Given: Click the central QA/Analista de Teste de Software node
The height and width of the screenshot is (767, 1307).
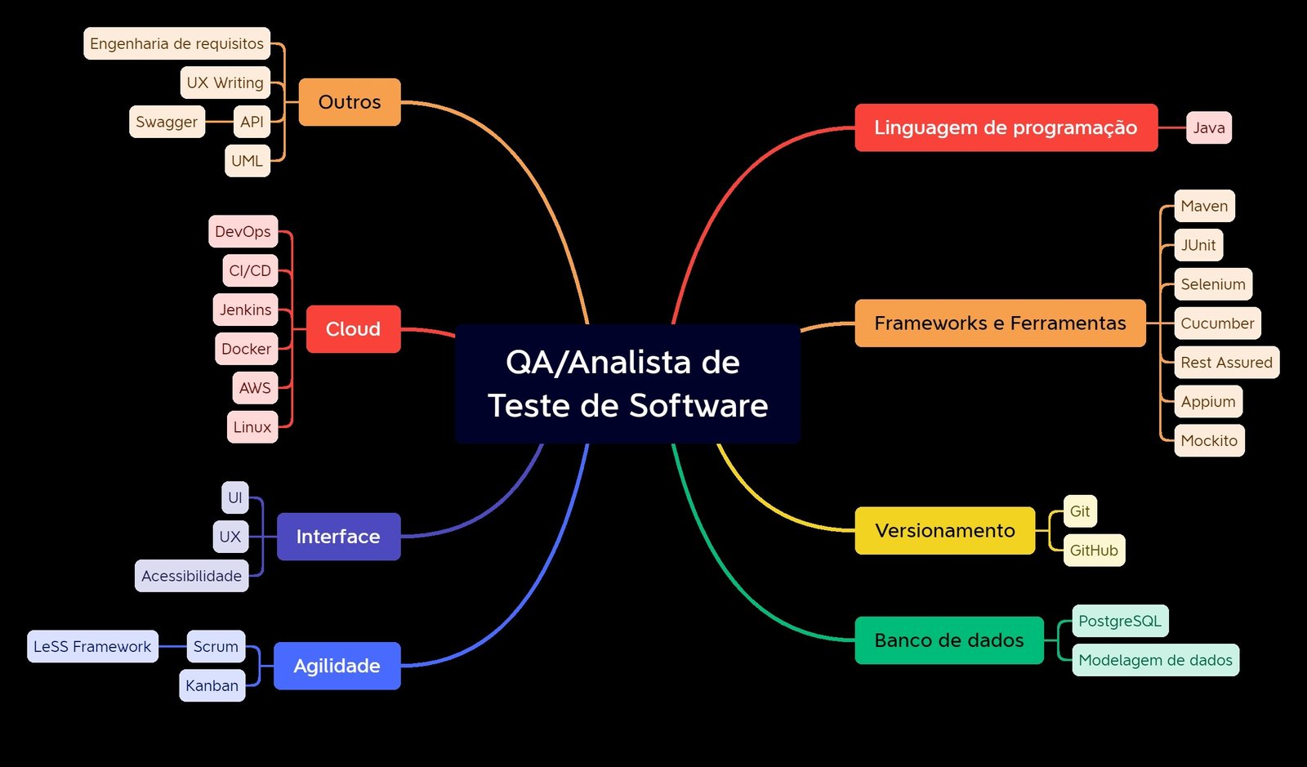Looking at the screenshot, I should point(627,384).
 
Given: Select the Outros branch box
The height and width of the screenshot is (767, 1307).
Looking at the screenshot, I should point(350,102).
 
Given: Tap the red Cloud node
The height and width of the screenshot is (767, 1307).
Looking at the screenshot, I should point(353,329).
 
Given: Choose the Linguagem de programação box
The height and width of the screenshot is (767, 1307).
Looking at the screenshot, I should point(1006,127).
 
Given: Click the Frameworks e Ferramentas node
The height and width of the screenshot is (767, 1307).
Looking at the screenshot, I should point(1000,323).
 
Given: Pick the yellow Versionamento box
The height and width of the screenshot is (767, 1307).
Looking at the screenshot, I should point(944,531).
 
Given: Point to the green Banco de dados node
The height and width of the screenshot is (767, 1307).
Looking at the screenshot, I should point(948,640).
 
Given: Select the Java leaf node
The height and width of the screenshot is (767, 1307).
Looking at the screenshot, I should point(1208,127).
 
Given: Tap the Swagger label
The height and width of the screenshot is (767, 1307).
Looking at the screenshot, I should point(167,122).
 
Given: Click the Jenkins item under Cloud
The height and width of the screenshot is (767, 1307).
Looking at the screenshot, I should point(245,310).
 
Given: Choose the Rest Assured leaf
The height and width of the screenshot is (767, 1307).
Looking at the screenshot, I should point(1226,363).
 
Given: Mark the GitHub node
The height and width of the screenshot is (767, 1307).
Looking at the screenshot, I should point(1094,551).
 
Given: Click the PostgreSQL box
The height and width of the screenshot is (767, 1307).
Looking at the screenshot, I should point(1119,621).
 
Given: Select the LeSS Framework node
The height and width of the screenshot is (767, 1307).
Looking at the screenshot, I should point(92,646).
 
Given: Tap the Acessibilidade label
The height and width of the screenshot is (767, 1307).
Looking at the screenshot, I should point(191,576).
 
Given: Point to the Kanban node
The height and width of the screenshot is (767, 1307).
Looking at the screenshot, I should point(212,685).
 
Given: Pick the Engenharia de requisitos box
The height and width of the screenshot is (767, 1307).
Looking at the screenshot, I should point(176,43).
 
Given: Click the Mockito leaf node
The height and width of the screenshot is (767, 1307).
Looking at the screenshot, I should point(1209,441).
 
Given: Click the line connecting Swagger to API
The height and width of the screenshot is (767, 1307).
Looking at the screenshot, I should point(219,122).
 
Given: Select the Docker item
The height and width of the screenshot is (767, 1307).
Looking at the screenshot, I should point(246,349).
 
